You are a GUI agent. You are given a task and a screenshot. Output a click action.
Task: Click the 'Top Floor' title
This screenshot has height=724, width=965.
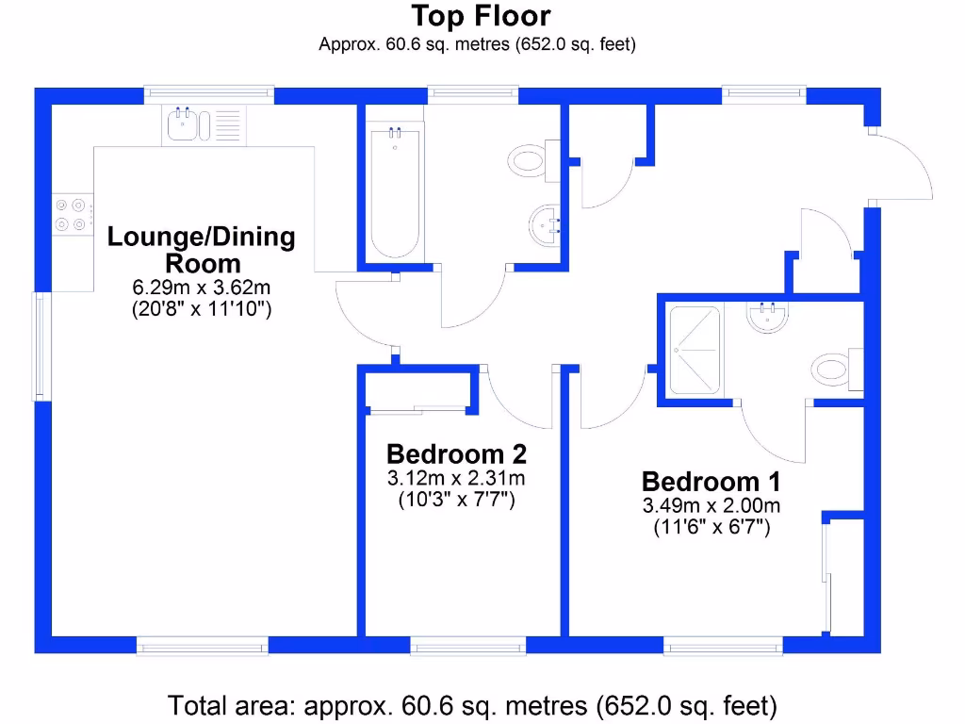coord(481,16)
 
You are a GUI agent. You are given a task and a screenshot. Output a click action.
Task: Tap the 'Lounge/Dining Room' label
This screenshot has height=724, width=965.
coord(201,249)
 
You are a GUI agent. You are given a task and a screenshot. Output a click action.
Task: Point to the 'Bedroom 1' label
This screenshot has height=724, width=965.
coord(711,482)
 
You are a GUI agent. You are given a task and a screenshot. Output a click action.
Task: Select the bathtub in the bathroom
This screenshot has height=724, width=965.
coord(393,193)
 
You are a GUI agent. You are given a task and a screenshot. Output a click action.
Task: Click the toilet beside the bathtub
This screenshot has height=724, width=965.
coord(530,159)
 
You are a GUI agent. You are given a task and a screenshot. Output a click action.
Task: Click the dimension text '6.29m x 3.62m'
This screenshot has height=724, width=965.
coord(201,288)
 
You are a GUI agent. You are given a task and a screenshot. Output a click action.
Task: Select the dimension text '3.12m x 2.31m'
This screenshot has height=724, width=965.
coord(456,479)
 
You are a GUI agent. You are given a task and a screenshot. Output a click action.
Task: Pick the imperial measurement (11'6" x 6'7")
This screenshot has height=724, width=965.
coord(711,528)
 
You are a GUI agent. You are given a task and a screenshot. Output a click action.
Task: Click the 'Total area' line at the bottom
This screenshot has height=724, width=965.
coord(472,704)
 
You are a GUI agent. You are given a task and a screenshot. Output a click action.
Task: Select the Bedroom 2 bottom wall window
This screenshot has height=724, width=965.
coord(468,646)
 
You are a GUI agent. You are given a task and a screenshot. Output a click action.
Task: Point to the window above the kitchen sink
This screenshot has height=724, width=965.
coord(209,94)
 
